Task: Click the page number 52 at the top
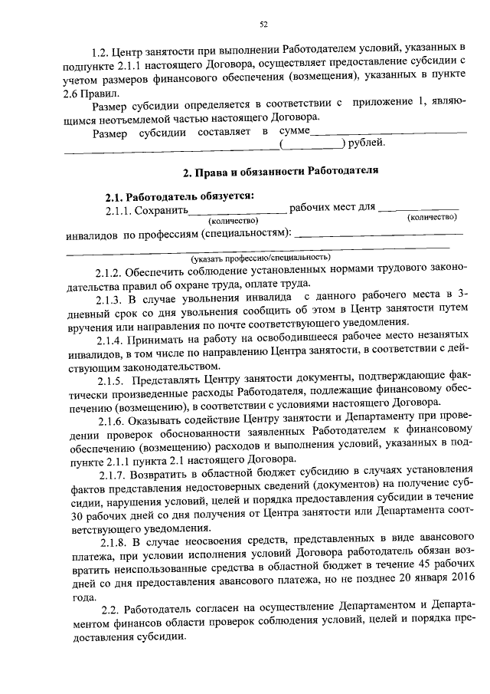tap(263, 25)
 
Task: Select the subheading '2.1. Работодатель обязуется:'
tap(180, 196)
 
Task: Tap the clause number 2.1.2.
tap(109, 271)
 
